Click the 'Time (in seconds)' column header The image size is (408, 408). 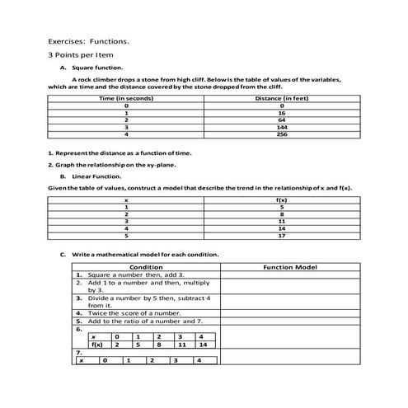(126, 99)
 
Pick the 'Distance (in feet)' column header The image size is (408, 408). (282, 99)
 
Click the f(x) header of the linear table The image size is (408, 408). (282, 199)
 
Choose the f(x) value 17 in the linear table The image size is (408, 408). (282, 236)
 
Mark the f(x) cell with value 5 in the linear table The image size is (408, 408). (282, 207)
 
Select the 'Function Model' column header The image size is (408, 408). (289, 268)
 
